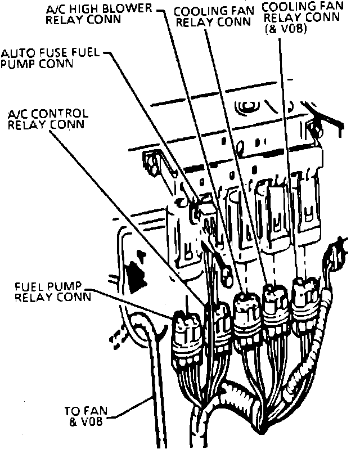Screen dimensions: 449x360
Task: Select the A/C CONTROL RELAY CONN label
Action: click(47, 118)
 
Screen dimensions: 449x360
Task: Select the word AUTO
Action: click(16, 54)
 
